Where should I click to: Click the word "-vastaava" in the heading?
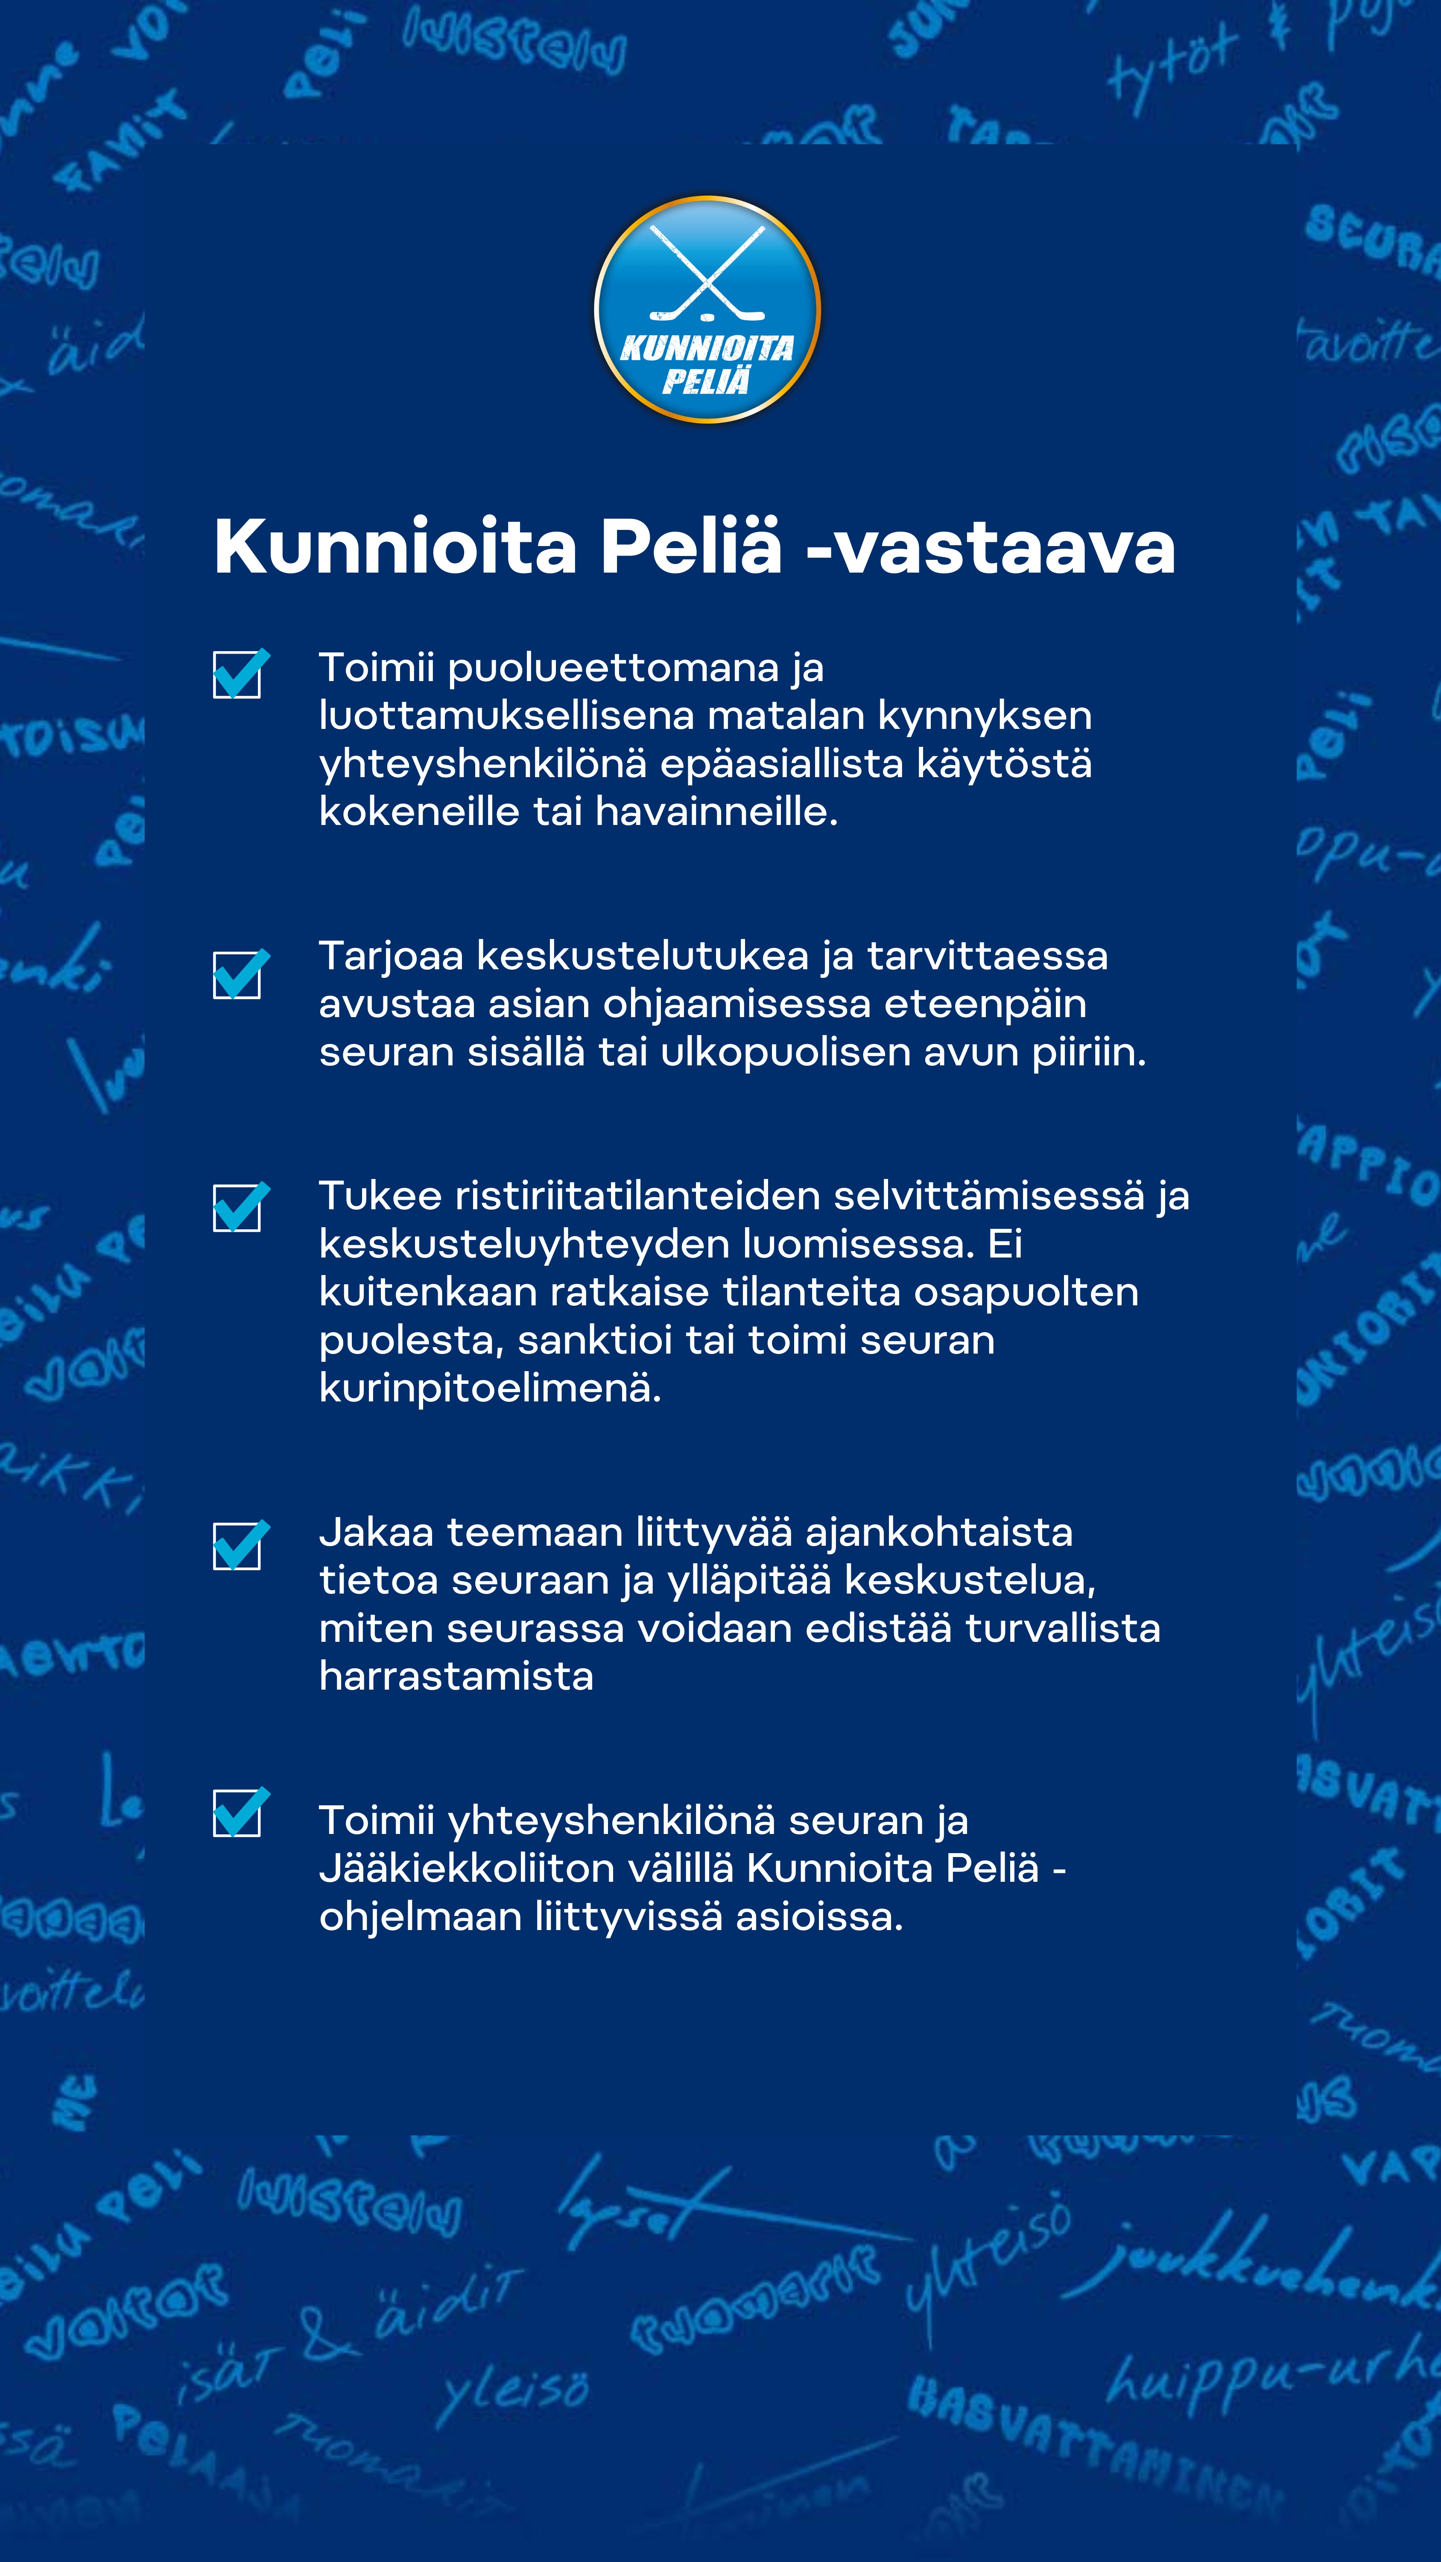click(x=991, y=548)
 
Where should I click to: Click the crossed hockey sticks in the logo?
click(x=707, y=274)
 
